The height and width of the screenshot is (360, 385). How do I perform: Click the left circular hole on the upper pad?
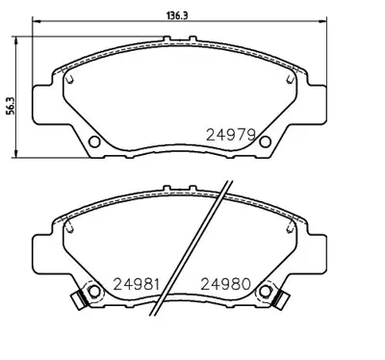coord(94,143)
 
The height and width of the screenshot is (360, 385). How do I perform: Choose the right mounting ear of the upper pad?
coord(309,105)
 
